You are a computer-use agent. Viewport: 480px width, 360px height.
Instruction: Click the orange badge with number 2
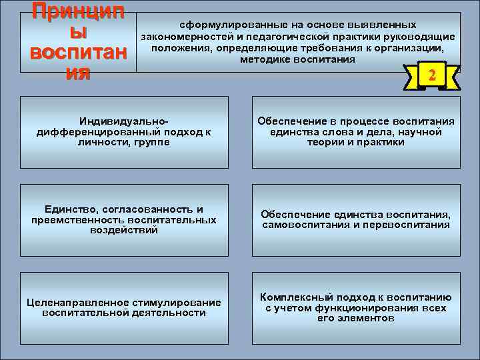[431, 76]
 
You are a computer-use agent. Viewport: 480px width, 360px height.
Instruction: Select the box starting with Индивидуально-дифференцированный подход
[124, 132]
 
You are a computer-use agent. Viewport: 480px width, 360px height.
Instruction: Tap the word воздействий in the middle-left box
[123, 230]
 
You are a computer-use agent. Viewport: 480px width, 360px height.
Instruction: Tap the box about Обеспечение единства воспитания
[356, 219]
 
